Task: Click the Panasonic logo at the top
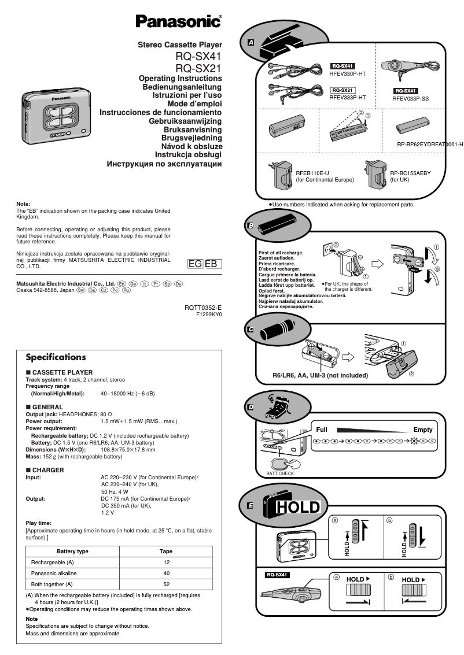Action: tap(178, 22)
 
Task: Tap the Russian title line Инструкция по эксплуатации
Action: tap(164, 164)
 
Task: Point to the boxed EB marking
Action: tap(212, 264)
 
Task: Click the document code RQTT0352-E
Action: tap(203, 308)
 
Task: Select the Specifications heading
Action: tap(56, 357)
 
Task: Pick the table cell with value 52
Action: tap(166, 584)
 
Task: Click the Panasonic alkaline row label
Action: tap(54, 573)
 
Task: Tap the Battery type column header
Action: tap(72, 552)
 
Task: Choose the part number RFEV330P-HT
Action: tap(348, 75)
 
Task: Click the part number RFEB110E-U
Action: tap(312, 173)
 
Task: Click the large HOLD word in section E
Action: tap(297, 508)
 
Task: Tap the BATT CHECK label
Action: tap(280, 473)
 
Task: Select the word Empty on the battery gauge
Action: tap(423, 430)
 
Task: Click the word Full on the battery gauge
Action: tap(322, 430)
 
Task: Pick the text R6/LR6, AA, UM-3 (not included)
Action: tap(320, 375)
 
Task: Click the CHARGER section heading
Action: tap(48, 470)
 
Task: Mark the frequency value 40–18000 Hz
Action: tap(127, 394)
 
